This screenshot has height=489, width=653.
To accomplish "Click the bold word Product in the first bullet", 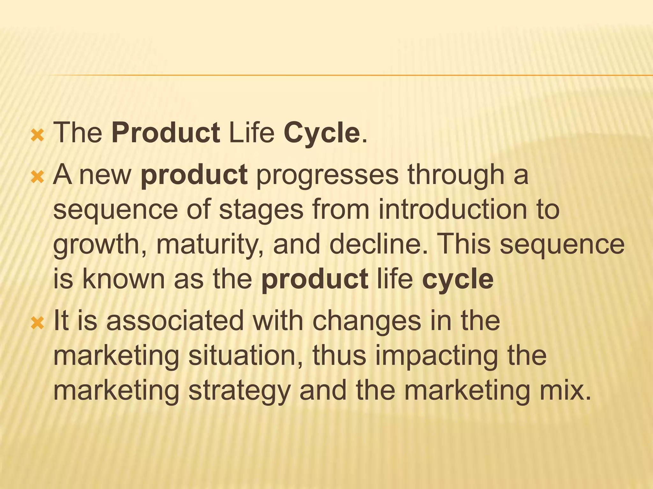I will pos(165,133).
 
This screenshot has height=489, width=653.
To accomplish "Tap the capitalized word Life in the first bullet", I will pos(252,133).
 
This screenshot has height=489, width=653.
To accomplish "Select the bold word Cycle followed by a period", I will pos(322,133).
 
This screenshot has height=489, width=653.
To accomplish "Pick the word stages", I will pos(261,210).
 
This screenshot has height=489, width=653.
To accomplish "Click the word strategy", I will pos(239,391).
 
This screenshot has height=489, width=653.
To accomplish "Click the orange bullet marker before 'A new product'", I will pos(37,176).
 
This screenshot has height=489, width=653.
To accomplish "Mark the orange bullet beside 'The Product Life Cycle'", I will pos(37,135).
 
